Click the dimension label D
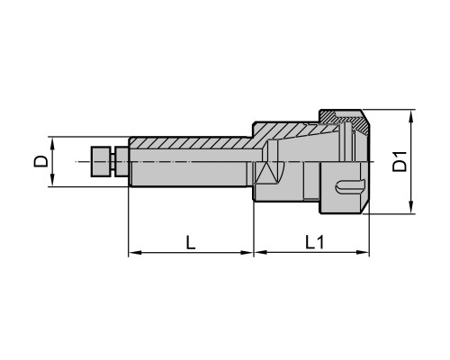(x=40, y=161)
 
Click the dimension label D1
(x=400, y=162)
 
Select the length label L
(x=191, y=242)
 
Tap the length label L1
(x=315, y=242)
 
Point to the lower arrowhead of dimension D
(x=53, y=181)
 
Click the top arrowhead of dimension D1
(x=412, y=115)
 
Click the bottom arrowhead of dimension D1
(x=412, y=208)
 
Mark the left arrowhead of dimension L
(x=134, y=253)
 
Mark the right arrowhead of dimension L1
(x=364, y=253)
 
